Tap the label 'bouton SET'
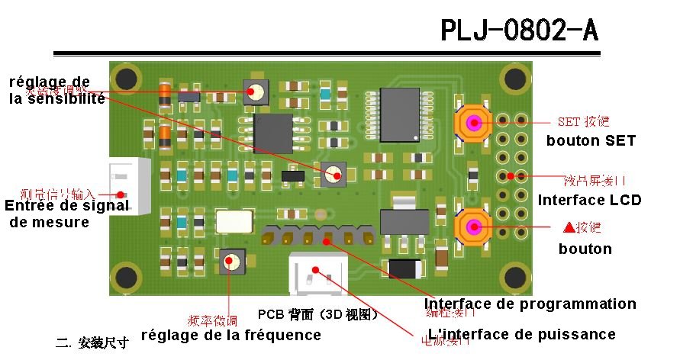point(591,141)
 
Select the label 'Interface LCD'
point(589,201)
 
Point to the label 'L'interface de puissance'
point(522,334)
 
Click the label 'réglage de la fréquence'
point(230,335)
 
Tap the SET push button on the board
point(473,122)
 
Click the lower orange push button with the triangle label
point(473,227)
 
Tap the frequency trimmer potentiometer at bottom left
point(230,262)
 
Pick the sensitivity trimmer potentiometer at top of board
point(256,92)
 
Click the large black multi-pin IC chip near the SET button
point(400,114)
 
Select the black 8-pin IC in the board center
point(273,133)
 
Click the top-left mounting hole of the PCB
point(126,79)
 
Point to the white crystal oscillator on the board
point(234,221)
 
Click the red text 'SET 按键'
point(583,122)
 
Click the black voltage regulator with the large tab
point(398,217)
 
